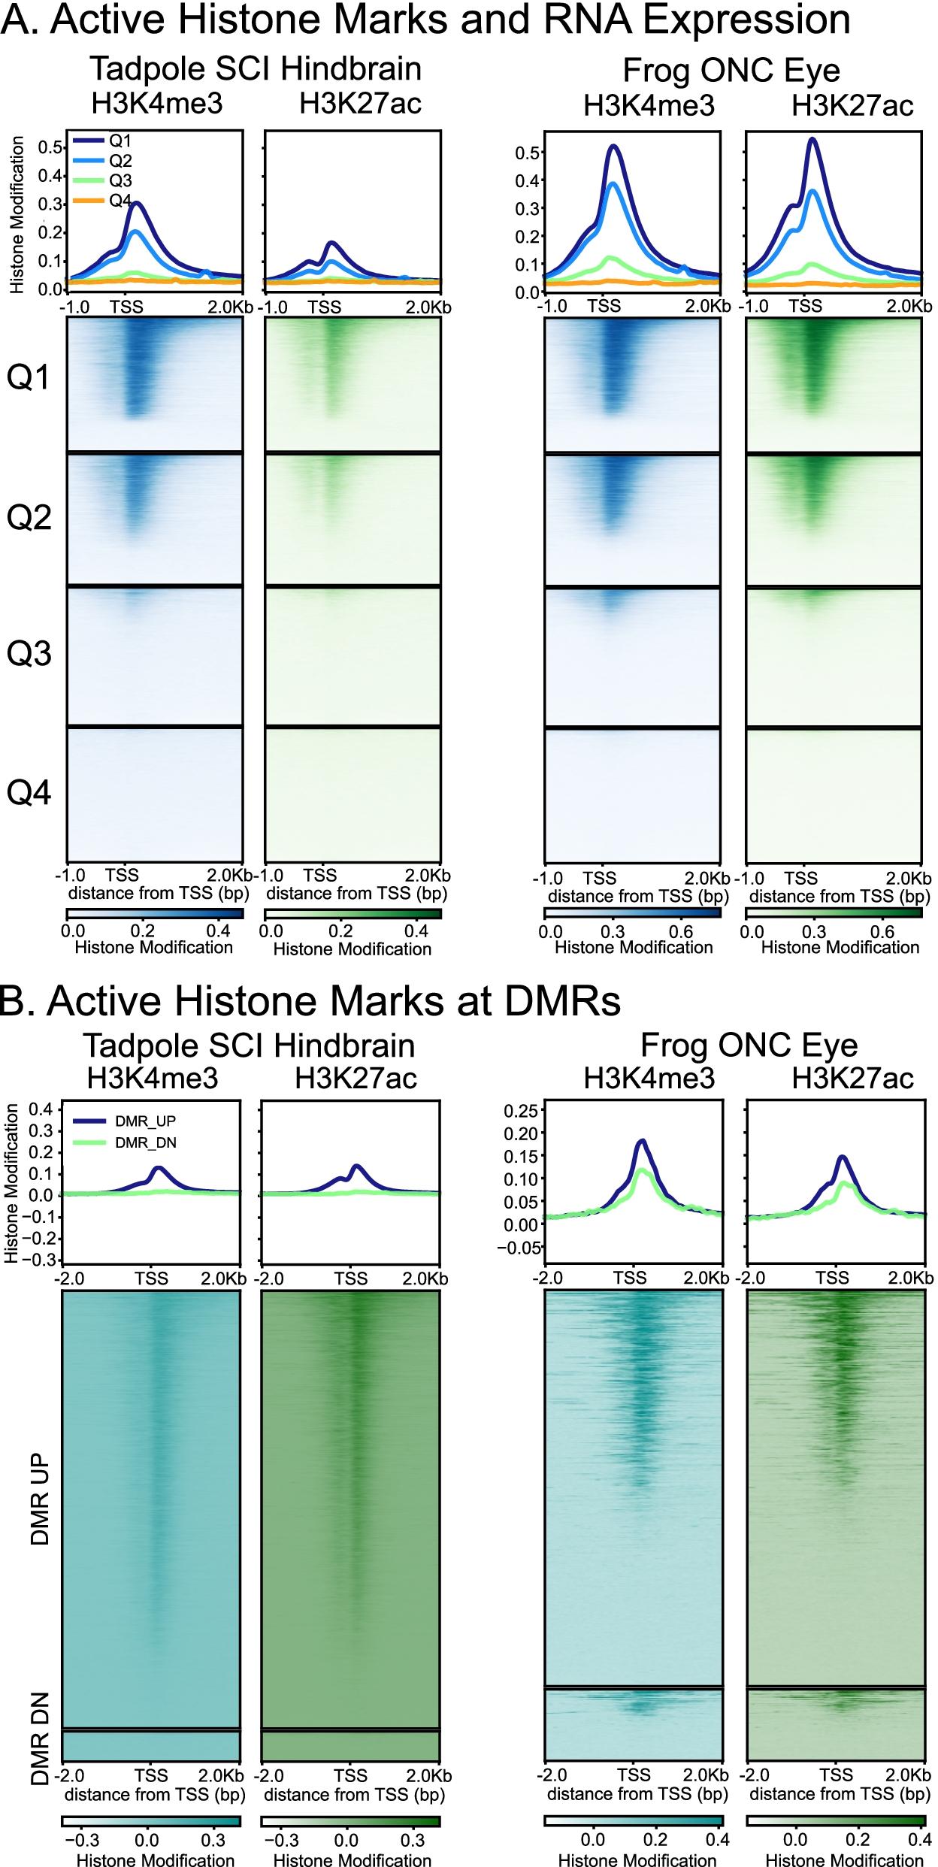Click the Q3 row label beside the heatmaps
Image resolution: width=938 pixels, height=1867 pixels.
29,655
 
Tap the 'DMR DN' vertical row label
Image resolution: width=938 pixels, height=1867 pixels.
41,1717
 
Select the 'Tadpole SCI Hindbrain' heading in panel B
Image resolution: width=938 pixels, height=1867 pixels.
249,1045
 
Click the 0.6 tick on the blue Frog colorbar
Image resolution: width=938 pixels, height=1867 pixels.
682,932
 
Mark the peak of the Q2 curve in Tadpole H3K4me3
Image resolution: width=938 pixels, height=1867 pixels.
135,231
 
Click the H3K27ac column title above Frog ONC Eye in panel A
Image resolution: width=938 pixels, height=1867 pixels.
852,106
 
